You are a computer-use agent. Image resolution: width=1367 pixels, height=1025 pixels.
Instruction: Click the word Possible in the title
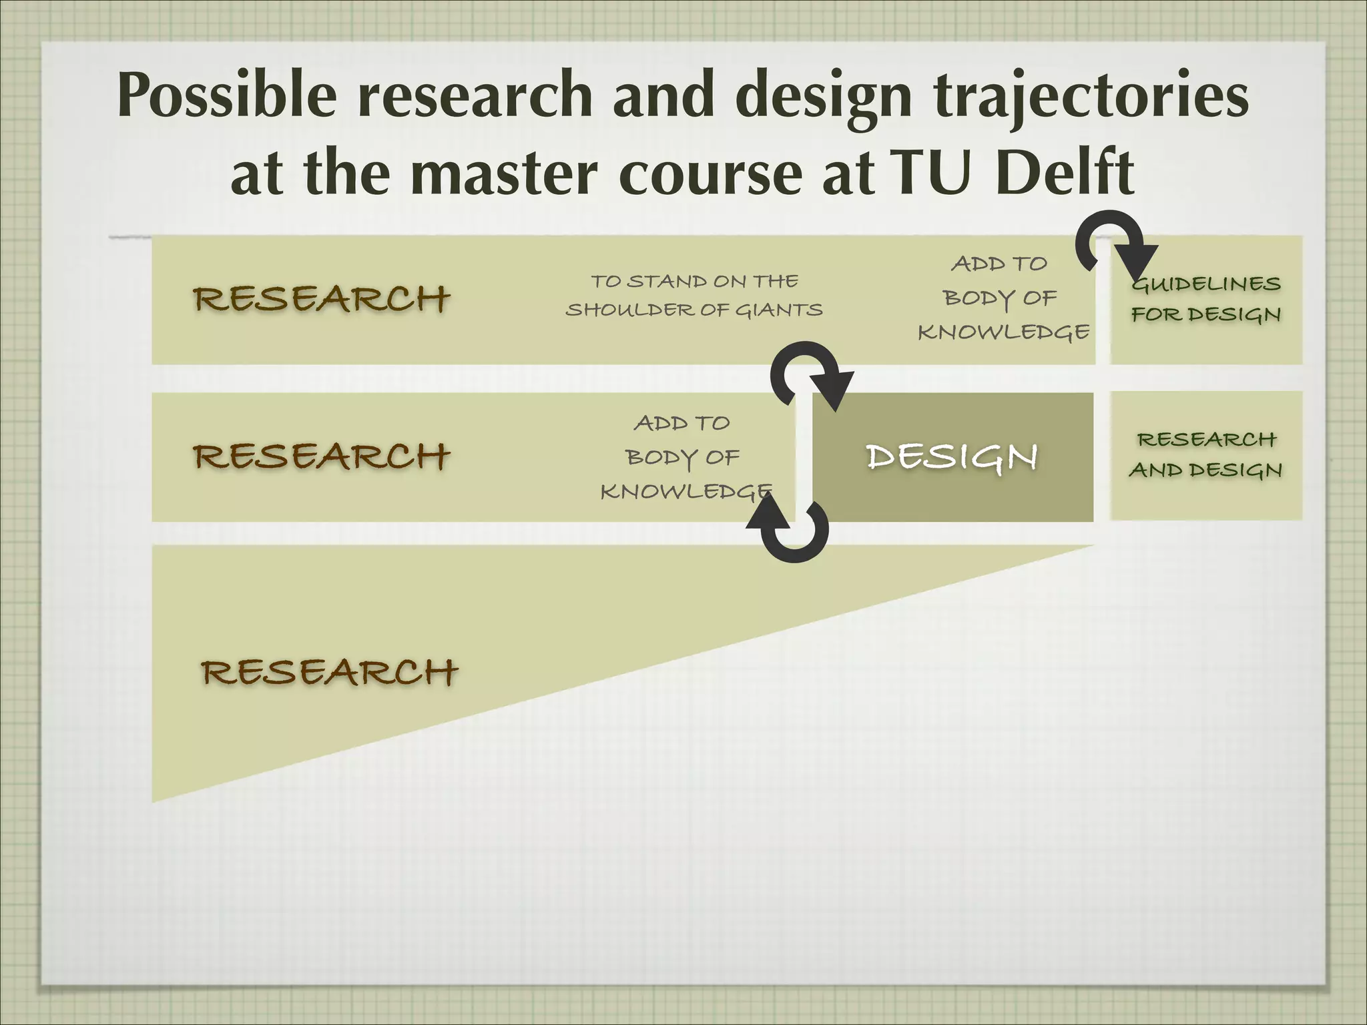point(227,95)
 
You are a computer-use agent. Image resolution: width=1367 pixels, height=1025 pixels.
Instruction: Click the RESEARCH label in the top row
point(321,299)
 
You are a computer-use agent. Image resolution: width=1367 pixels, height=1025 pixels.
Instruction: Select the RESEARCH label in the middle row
point(321,457)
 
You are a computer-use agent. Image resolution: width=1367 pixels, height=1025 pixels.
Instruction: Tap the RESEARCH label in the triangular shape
point(329,672)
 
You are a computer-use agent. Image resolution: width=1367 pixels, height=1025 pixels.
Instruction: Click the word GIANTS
point(778,310)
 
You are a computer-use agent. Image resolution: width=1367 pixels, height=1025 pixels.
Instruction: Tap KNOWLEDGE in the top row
point(1003,332)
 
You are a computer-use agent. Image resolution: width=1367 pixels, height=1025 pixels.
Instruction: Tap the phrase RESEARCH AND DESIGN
point(1205,455)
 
